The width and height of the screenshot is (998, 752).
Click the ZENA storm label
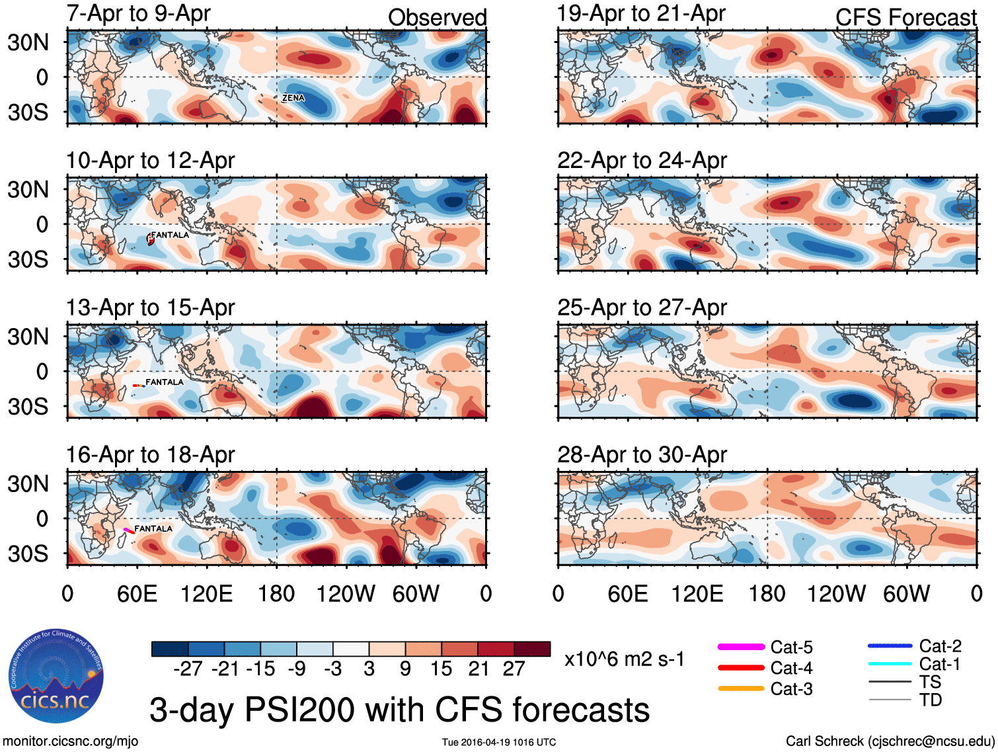click(293, 98)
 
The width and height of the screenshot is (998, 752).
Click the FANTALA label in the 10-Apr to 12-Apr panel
click(170, 235)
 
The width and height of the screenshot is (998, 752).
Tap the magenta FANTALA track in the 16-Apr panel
click(128, 530)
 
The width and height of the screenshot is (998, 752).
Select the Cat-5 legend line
click(741, 647)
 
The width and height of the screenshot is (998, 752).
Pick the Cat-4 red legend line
click(741, 668)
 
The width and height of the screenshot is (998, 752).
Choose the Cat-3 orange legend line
click(741, 689)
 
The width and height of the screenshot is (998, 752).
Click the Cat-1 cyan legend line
click(890, 664)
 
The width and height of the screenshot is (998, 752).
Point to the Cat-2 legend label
click(940, 646)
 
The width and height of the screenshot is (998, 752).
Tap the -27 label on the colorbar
click(188, 669)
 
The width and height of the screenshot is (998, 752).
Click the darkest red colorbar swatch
click(532, 649)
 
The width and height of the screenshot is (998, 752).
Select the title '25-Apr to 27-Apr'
click(642, 308)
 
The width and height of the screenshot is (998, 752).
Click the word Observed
click(437, 17)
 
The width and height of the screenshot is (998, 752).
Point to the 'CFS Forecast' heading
click(905, 17)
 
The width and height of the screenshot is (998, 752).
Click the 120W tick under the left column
click(346, 594)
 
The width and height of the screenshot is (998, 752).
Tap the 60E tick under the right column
click(628, 594)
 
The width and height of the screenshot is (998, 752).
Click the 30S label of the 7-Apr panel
click(28, 112)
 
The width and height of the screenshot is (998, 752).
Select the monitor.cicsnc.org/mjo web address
click(71, 741)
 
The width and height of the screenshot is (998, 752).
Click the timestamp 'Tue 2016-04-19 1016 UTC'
click(499, 742)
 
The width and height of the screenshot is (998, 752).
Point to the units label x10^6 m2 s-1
click(624, 659)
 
